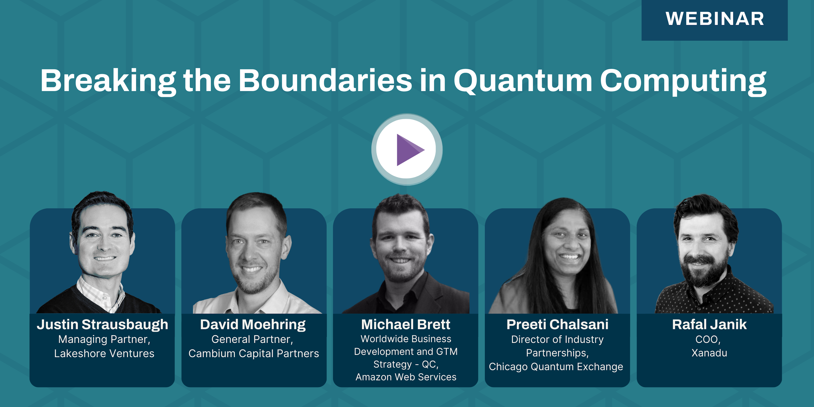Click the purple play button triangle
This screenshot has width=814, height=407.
(408, 150)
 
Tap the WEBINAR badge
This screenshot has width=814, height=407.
(714, 20)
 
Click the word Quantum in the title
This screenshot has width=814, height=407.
(523, 81)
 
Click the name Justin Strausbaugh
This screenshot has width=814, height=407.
(102, 325)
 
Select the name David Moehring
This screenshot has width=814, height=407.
(253, 325)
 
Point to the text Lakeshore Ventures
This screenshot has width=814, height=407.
(104, 353)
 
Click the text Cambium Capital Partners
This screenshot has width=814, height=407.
(254, 354)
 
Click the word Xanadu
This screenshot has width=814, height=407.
(709, 353)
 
